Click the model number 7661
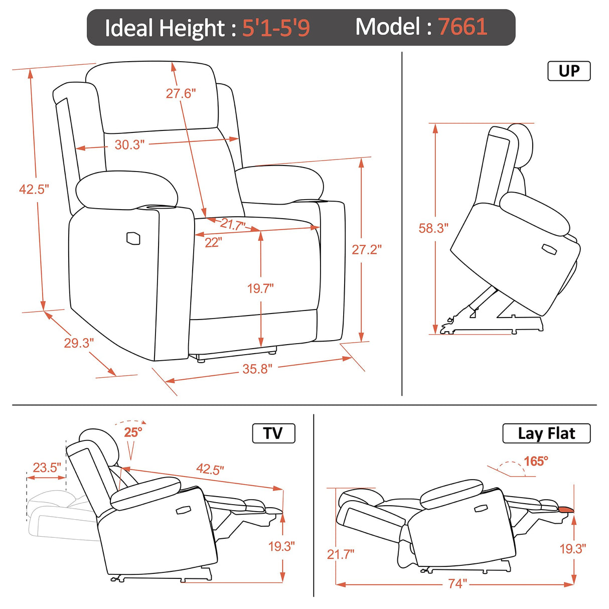point(463,27)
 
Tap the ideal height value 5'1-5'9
point(276,28)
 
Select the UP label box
point(569,71)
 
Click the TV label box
point(273,433)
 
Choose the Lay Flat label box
point(546,433)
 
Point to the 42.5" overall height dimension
point(34,189)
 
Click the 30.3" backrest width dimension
point(129,145)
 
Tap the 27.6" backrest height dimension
point(181,93)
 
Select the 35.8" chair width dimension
point(257,369)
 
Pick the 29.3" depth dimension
point(79,343)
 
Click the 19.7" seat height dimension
point(260,288)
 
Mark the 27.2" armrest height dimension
point(367,249)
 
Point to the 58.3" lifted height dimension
point(433,228)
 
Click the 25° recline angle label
point(133,432)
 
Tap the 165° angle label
point(536,461)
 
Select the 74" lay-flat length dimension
point(458,584)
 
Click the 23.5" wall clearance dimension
point(47,468)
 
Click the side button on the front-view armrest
point(134,239)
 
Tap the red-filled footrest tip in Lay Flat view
point(565,510)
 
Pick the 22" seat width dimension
point(213,242)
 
